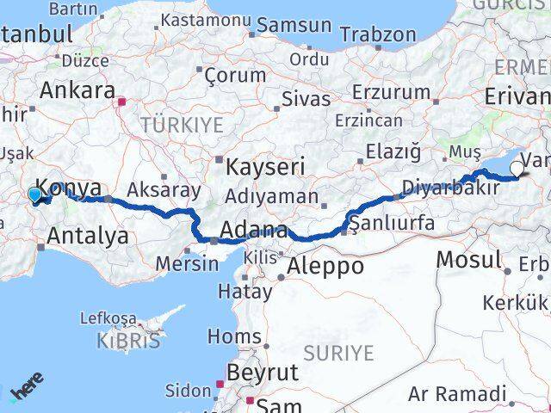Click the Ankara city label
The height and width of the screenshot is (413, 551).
point(77,90)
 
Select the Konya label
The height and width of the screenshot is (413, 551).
point(71,189)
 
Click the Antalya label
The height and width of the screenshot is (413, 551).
point(89,234)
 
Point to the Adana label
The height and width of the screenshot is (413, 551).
point(254,231)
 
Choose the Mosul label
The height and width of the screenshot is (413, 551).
point(468,258)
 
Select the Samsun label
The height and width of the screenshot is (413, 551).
point(294,25)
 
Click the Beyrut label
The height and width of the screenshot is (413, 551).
point(262,372)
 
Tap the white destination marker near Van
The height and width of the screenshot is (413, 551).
point(517,169)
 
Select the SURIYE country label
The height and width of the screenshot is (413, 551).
point(337,353)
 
